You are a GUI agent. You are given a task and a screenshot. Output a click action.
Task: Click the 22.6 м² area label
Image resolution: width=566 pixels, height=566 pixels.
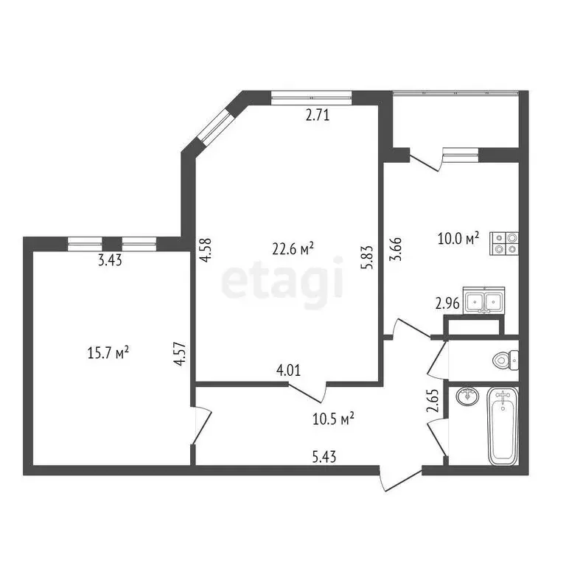(293, 249)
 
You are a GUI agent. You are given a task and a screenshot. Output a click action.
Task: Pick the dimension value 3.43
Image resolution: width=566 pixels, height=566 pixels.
(111, 259)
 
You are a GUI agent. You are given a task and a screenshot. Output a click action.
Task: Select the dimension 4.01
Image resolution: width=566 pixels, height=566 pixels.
(288, 371)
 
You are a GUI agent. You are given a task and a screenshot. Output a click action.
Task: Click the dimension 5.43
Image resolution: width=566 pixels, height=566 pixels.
(325, 457)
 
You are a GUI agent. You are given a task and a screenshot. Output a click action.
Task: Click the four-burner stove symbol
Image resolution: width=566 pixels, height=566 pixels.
(505, 243)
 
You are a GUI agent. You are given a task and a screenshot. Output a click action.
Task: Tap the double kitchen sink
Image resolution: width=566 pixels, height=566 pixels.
(483, 301)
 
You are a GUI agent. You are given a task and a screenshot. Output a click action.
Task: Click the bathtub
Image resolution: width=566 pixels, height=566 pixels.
(503, 427)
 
